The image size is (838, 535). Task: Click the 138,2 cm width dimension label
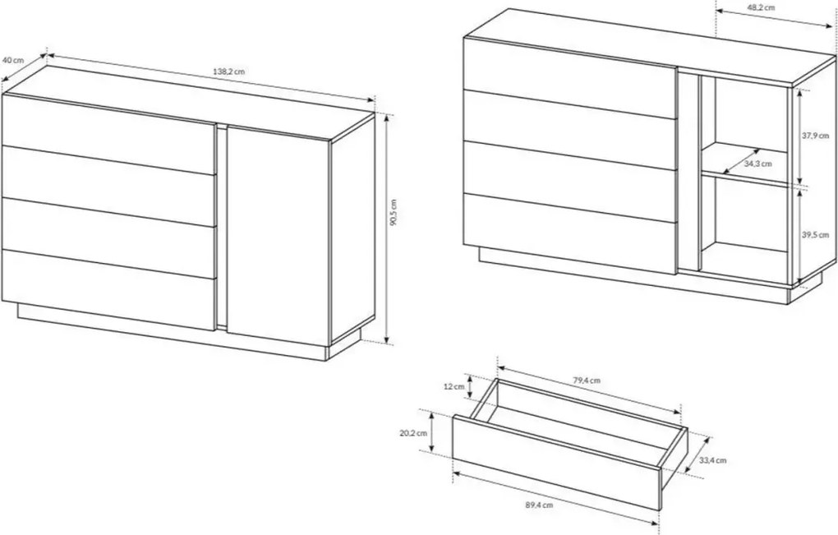click(x=228, y=71)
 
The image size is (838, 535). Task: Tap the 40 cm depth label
click(x=13, y=60)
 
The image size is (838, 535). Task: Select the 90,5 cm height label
click(x=394, y=213)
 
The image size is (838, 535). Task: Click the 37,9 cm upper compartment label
click(x=815, y=136)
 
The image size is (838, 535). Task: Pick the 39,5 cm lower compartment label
click(x=815, y=235)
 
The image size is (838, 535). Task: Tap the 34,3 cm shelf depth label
click(x=757, y=164)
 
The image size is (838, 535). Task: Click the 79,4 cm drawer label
click(x=587, y=380)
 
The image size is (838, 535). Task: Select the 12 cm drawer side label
click(x=454, y=386)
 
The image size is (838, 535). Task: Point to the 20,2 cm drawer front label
click(x=413, y=433)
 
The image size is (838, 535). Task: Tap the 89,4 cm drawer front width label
click(x=539, y=504)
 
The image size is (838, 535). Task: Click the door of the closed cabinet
click(x=279, y=235)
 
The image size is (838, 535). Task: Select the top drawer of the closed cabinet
click(x=109, y=134)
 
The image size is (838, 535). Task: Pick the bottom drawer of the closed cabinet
click(x=109, y=289)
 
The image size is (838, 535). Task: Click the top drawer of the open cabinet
click(x=570, y=77)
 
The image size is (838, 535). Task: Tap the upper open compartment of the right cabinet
click(x=745, y=129)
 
